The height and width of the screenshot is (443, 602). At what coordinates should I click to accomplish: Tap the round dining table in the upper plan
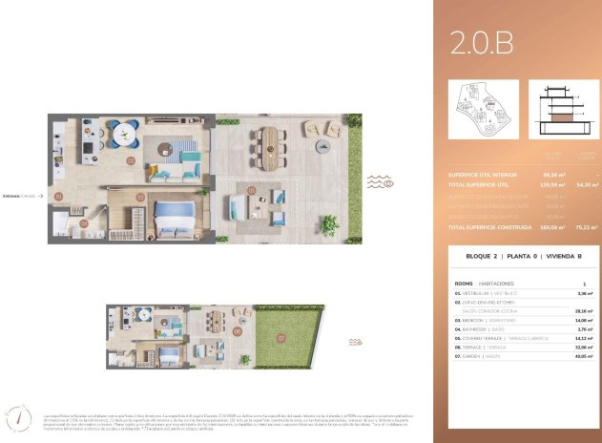(x=121, y=136)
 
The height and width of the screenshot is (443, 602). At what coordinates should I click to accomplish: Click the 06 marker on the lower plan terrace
(x=236, y=331)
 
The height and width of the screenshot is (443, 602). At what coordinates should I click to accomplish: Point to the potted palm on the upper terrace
(x=329, y=225)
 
